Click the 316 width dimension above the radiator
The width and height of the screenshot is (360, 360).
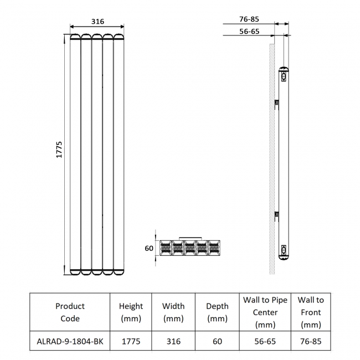coord(97,22)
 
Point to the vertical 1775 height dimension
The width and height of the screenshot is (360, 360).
coord(60,150)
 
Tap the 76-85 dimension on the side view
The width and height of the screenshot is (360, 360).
coord(250,19)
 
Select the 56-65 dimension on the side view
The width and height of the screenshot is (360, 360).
coord(250,32)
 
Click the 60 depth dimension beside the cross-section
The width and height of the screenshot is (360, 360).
coord(149,248)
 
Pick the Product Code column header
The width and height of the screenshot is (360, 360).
coord(70,312)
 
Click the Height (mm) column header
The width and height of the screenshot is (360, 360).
coord(131,312)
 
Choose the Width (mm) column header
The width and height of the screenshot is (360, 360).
coord(173,312)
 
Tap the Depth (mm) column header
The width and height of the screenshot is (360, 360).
coord(217,312)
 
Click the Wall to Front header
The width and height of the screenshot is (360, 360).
coord(310,312)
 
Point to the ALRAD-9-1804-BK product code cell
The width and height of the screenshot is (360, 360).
coord(70,341)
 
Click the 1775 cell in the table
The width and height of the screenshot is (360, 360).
coord(131,341)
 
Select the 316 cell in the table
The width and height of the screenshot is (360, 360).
coord(173,341)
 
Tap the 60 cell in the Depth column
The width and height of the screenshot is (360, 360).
coord(217,341)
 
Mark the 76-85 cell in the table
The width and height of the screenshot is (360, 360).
coord(310,341)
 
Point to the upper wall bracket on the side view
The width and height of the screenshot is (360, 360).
coord(277,102)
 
